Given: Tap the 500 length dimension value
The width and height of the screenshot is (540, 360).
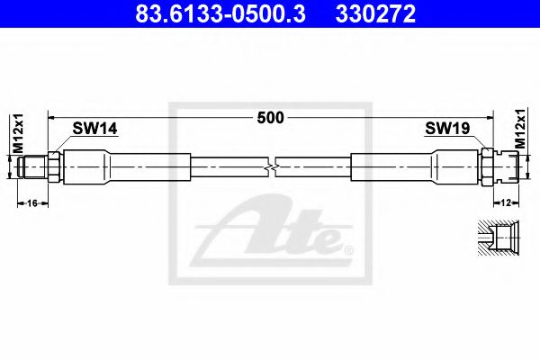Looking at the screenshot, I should [x=270, y=116].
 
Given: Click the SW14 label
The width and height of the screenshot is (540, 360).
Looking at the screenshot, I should [x=96, y=130].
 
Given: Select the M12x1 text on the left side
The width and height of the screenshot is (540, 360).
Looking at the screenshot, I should [x=15, y=134].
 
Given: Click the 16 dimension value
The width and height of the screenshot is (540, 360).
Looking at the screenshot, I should [x=31, y=203].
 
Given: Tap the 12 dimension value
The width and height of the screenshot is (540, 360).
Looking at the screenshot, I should [x=506, y=203].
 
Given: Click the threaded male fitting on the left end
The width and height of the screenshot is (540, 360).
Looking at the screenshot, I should [x=34, y=166].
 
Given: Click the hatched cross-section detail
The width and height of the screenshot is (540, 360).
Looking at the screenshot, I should [x=496, y=239].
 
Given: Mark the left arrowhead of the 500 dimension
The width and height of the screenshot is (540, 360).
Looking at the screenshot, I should [x=52, y=116].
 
